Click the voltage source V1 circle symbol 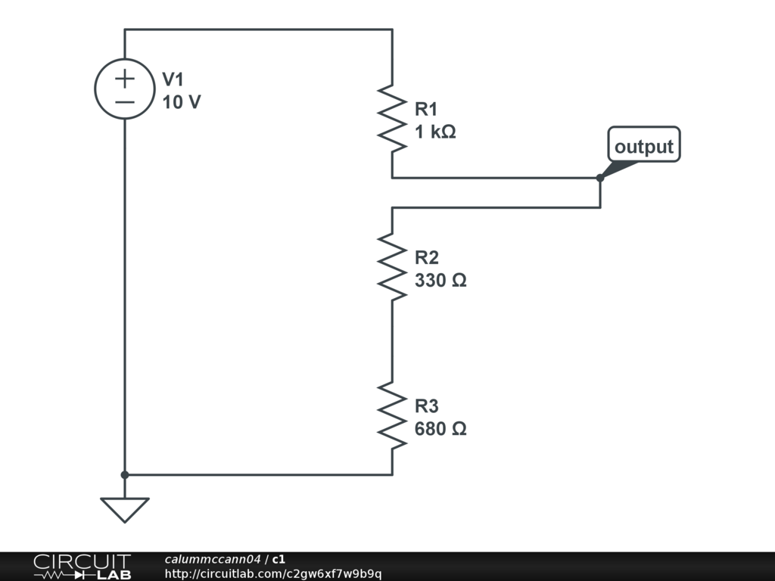point(125,89)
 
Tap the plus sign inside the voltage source point(125,78)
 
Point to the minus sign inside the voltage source point(125,101)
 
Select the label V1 point(173,80)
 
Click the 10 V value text point(182,102)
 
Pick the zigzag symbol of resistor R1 point(392,119)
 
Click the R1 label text point(426,110)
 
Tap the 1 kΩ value point(435,132)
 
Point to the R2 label point(427,258)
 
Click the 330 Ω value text point(440,281)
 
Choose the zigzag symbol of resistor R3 point(392,415)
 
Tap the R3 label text point(427,406)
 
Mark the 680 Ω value point(440,429)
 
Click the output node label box point(644,146)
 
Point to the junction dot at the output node point(600,179)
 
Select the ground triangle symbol point(125,508)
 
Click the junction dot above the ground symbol point(125,475)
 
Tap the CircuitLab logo point(82,567)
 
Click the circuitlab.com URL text point(273,574)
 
